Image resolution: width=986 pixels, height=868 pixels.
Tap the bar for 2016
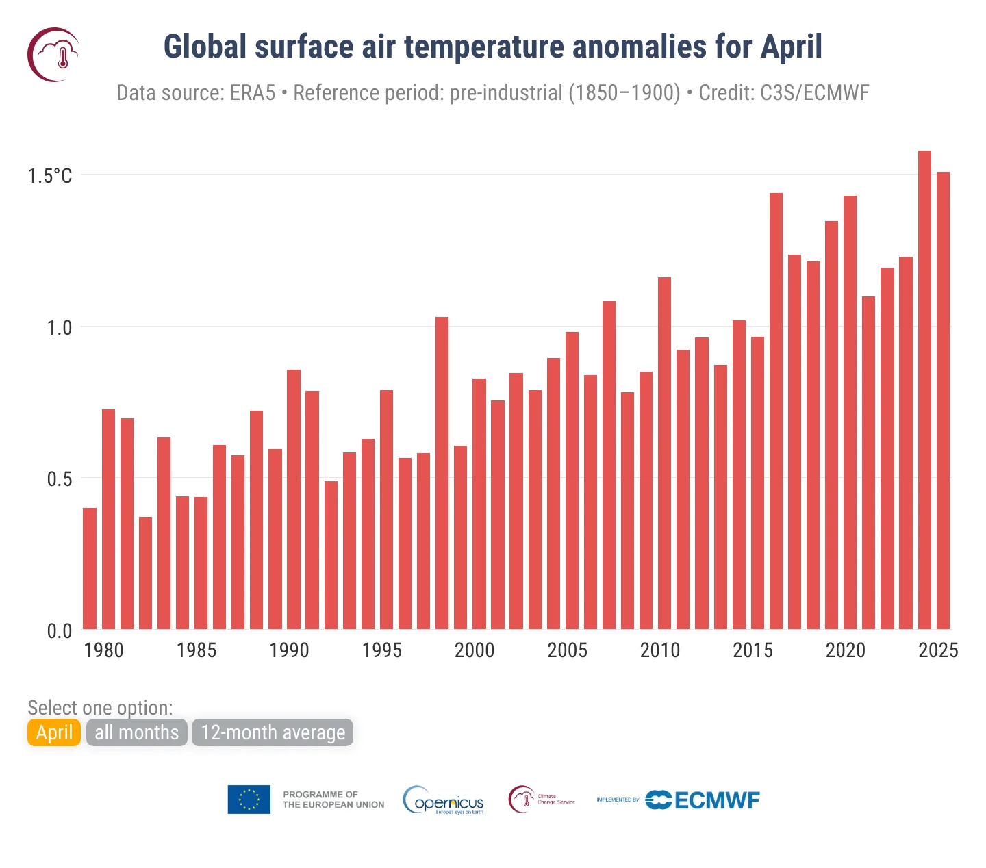[776, 411]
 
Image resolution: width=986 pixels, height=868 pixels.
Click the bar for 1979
[90, 568]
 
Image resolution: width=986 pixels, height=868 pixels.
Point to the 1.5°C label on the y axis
[49, 176]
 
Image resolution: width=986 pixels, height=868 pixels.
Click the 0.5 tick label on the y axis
[59, 479]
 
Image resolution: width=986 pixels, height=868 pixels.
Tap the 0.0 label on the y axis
[59, 631]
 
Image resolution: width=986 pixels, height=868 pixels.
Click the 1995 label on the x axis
[381, 650]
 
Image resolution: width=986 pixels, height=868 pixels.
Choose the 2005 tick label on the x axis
[567, 650]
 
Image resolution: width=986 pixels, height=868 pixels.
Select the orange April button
[54, 732]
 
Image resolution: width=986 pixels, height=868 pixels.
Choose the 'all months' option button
[136, 732]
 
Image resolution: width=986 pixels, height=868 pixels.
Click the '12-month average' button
[273, 732]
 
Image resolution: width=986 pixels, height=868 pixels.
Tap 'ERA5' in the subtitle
[253, 92]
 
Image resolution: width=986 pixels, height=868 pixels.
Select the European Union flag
[249, 800]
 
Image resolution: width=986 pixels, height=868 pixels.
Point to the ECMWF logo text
[716, 800]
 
